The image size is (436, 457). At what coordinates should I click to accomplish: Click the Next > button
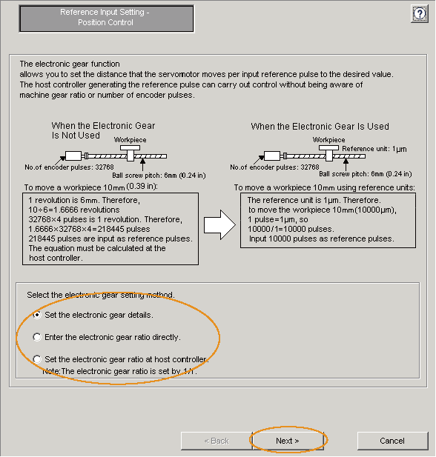pyautogui.click(x=288, y=441)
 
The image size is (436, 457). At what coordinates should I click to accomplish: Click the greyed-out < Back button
pyautogui.click(x=217, y=441)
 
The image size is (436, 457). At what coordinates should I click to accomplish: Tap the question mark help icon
pyautogui.click(x=420, y=13)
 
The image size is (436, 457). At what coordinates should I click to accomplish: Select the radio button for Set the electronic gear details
pyautogui.click(x=37, y=315)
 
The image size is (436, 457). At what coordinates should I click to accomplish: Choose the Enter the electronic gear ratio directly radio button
pyautogui.click(x=37, y=337)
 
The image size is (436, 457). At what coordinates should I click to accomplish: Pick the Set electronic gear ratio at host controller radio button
pyautogui.click(x=37, y=359)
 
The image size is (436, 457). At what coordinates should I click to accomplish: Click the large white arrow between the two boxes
pyautogui.click(x=219, y=225)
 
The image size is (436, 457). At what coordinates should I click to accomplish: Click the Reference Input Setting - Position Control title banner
pyautogui.click(x=106, y=18)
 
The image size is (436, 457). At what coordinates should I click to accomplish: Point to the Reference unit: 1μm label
pyautogui.click(x=374, y=149)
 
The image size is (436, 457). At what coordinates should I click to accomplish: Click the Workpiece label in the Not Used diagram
pyautogui.click(x=131, y=140)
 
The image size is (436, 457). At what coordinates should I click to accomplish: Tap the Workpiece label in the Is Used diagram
pyautogui.click(x=329, y=140)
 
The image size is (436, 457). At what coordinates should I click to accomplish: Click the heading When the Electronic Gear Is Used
pyautogui.click(x=320, y=126)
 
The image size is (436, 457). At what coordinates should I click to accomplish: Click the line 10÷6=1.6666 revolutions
pyautogui.click(x=74, y=210)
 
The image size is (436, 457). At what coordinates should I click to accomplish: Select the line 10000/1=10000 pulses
pyautogui.click(x=291, y=229)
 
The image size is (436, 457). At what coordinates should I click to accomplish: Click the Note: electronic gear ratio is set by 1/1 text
pyautogui.click(x=119, y=371)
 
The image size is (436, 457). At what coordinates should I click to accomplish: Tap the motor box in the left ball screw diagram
pyautogui.click(x=73, y=156)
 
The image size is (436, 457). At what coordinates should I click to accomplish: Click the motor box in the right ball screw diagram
pyautogui.click(x=272, y=156)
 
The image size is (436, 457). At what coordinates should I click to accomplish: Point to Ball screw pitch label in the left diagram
pyautogui.click(x=159, y=176)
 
